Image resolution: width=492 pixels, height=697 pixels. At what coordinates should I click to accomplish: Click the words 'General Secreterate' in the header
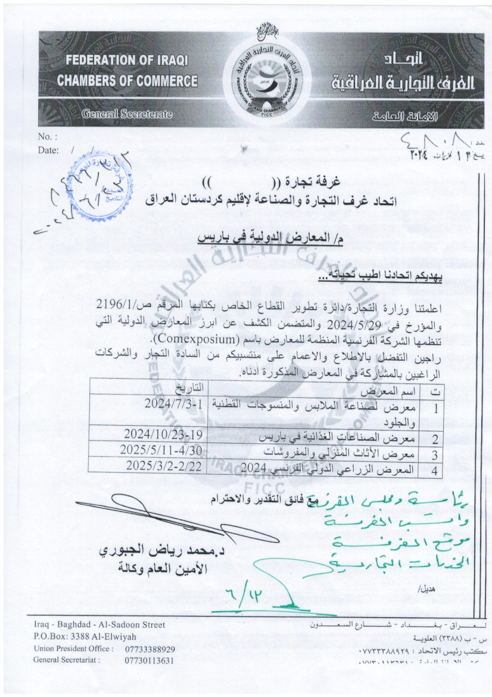pos(127,113)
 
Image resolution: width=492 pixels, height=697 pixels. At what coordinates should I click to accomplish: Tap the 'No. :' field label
pos(48,137)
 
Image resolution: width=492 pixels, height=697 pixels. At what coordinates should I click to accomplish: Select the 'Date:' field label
pos(48,150)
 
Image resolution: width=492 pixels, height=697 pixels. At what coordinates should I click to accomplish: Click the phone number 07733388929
pos(150,648)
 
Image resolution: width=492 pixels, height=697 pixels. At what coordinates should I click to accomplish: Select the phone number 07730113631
pos(150,660)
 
